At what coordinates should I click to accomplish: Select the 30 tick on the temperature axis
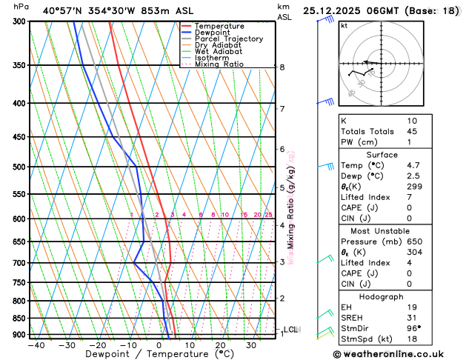click(251, 345)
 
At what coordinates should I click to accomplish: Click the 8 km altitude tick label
click(282, 67)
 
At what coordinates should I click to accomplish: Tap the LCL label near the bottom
click(291, 330)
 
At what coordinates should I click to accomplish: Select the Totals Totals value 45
click(412, 131)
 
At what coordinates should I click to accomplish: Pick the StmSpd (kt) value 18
click(412, 339)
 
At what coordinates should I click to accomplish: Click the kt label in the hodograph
click(344, 25)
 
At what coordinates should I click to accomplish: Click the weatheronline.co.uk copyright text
click(398, 354)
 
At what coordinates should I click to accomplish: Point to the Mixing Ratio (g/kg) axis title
click(291, 207)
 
